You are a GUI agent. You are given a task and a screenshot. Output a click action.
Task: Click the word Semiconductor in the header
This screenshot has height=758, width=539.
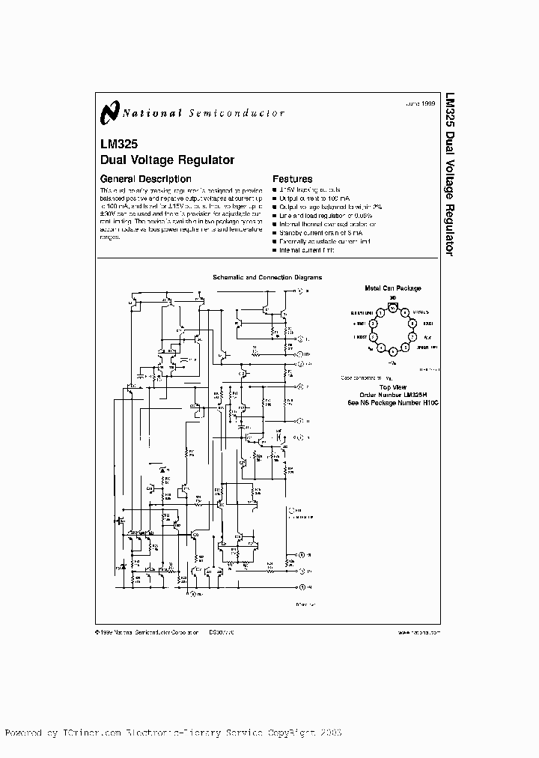[248, 114]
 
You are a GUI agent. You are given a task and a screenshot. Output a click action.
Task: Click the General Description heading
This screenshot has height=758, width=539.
[145, 179]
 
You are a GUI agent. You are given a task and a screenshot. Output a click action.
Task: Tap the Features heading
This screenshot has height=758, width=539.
[292, 179]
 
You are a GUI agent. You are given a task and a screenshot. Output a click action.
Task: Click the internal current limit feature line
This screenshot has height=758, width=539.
[306, 249]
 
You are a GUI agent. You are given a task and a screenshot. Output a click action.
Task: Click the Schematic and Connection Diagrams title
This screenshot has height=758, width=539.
[267, 277]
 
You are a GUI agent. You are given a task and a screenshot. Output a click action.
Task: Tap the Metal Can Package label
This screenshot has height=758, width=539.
[392, 288]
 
